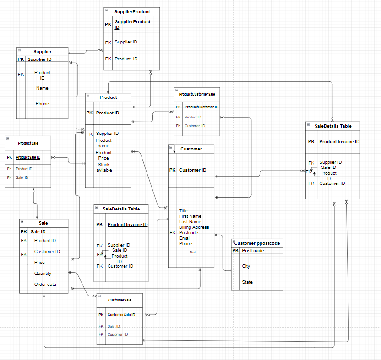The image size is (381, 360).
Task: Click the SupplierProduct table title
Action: coord(132,11)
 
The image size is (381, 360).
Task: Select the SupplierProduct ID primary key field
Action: coord(132,25)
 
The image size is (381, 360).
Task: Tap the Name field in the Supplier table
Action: coord(42,88)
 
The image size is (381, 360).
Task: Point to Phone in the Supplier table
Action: coord(42,104)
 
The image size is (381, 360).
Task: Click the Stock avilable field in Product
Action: coord(103,167)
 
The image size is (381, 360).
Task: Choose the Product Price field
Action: coord(103,156)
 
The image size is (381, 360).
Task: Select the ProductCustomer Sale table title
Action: coord(197,94)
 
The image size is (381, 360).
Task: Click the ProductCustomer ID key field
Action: coord(201,107)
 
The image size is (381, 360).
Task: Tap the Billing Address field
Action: coord(194,227)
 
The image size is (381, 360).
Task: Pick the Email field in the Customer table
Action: coord(185,238)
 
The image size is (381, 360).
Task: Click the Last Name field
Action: coord(190,222)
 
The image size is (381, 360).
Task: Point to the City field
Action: coord(246,266)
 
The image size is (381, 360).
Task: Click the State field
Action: coord(247,282)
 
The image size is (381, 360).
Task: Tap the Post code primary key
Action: coord(253,251)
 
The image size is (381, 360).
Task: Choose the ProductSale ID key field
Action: coord(28,157)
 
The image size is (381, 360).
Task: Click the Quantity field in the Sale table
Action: coord(43,274)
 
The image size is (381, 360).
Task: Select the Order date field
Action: coord(45,285)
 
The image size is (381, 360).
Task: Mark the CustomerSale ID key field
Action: coord(121,315)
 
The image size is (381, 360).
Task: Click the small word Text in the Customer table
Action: coord(192,252)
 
